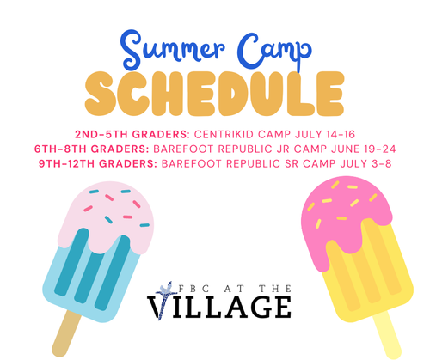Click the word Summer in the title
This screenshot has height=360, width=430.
click(x=173, y=50)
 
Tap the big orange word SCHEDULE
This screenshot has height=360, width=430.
click(x=214, y=94)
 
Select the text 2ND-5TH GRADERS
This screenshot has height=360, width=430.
click(x=132, y=134)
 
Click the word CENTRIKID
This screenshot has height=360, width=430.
click(x=224, y=134)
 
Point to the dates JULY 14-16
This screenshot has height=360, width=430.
click(x=325, y=134)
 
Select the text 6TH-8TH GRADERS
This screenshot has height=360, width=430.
click(x=92, y=149)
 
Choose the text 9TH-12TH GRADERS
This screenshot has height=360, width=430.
click(x=98, y=163)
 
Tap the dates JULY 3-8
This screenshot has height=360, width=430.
click(x=365, y=163)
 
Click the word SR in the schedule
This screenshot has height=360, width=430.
click(x=292, y=163)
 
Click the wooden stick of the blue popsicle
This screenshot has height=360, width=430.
click(x=65, y=333)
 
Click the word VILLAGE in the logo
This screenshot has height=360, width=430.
click(x=219, y=307)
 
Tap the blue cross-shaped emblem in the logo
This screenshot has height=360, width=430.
click(x=166, y=299)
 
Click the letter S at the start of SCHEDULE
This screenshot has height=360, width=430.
click(x=101, y=94)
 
